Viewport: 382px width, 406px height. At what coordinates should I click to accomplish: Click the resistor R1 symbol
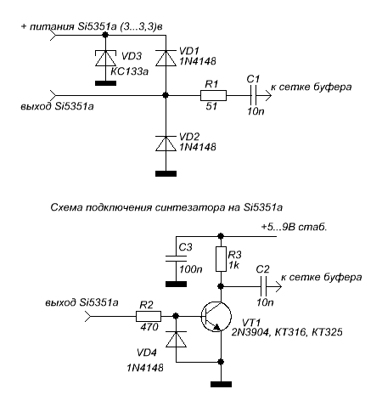tap(213, 95)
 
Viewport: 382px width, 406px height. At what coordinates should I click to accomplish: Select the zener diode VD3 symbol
tap(105, 58)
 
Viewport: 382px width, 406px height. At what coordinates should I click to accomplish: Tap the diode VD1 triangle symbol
tap(166, 58)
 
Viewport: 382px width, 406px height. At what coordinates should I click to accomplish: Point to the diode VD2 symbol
tap(166, 144)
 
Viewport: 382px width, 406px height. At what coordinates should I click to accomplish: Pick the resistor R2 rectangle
tap(149, 316)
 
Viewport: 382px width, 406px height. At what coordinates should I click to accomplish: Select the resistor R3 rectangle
tap(221, 259)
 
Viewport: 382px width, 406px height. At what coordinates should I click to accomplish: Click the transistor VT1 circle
tap(216, 317)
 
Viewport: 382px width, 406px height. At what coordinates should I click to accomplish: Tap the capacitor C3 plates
tap(176, 258)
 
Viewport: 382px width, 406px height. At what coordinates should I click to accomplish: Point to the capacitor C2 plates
tap(264, 287)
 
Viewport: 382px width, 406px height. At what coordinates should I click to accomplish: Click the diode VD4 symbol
tap(176, 339)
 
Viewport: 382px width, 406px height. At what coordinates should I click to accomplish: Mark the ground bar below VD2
tap(166, 173)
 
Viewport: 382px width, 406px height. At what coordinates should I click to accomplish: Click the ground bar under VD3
tap(105, 83)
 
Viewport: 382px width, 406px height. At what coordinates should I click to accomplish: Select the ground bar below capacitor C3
tap(176, 284)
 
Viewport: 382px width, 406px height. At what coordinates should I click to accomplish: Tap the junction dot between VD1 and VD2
tap(166, 95)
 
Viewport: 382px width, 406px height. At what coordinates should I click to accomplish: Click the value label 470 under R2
tap(149, 327)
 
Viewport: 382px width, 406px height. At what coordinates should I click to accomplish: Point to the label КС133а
tap(129, 71)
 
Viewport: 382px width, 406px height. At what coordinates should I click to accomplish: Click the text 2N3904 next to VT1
tap(250, 332)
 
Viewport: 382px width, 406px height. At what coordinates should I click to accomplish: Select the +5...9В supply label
tap(294, 227)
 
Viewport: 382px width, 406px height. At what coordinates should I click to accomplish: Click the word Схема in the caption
tap(66, 207)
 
